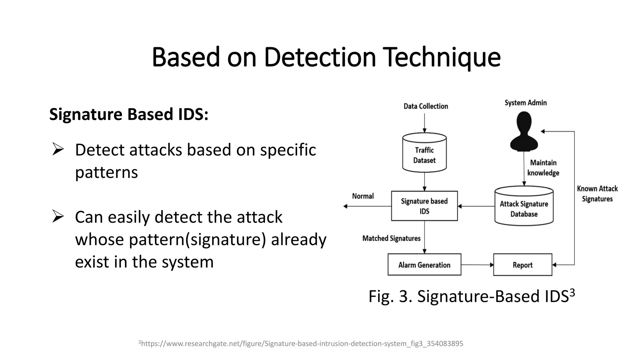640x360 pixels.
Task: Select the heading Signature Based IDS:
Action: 129,114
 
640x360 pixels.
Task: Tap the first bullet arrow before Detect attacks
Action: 58,149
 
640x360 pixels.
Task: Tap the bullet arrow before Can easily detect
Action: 58,216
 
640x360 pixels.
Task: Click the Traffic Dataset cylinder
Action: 424,153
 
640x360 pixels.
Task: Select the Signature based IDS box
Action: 424,206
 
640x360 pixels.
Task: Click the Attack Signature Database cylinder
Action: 524,207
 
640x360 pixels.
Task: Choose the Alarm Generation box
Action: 424,265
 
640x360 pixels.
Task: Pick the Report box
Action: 522,265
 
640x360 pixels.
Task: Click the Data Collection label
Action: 426,106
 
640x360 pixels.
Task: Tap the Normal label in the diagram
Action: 363,196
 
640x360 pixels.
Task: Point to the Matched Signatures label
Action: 391,238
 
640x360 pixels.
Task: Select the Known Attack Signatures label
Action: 597,194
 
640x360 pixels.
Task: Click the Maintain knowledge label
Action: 543,168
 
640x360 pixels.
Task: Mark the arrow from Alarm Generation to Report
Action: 477,265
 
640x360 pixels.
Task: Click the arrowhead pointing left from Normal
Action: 346,206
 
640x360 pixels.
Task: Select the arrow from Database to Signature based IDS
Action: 476,206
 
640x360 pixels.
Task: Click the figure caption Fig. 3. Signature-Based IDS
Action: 471,296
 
